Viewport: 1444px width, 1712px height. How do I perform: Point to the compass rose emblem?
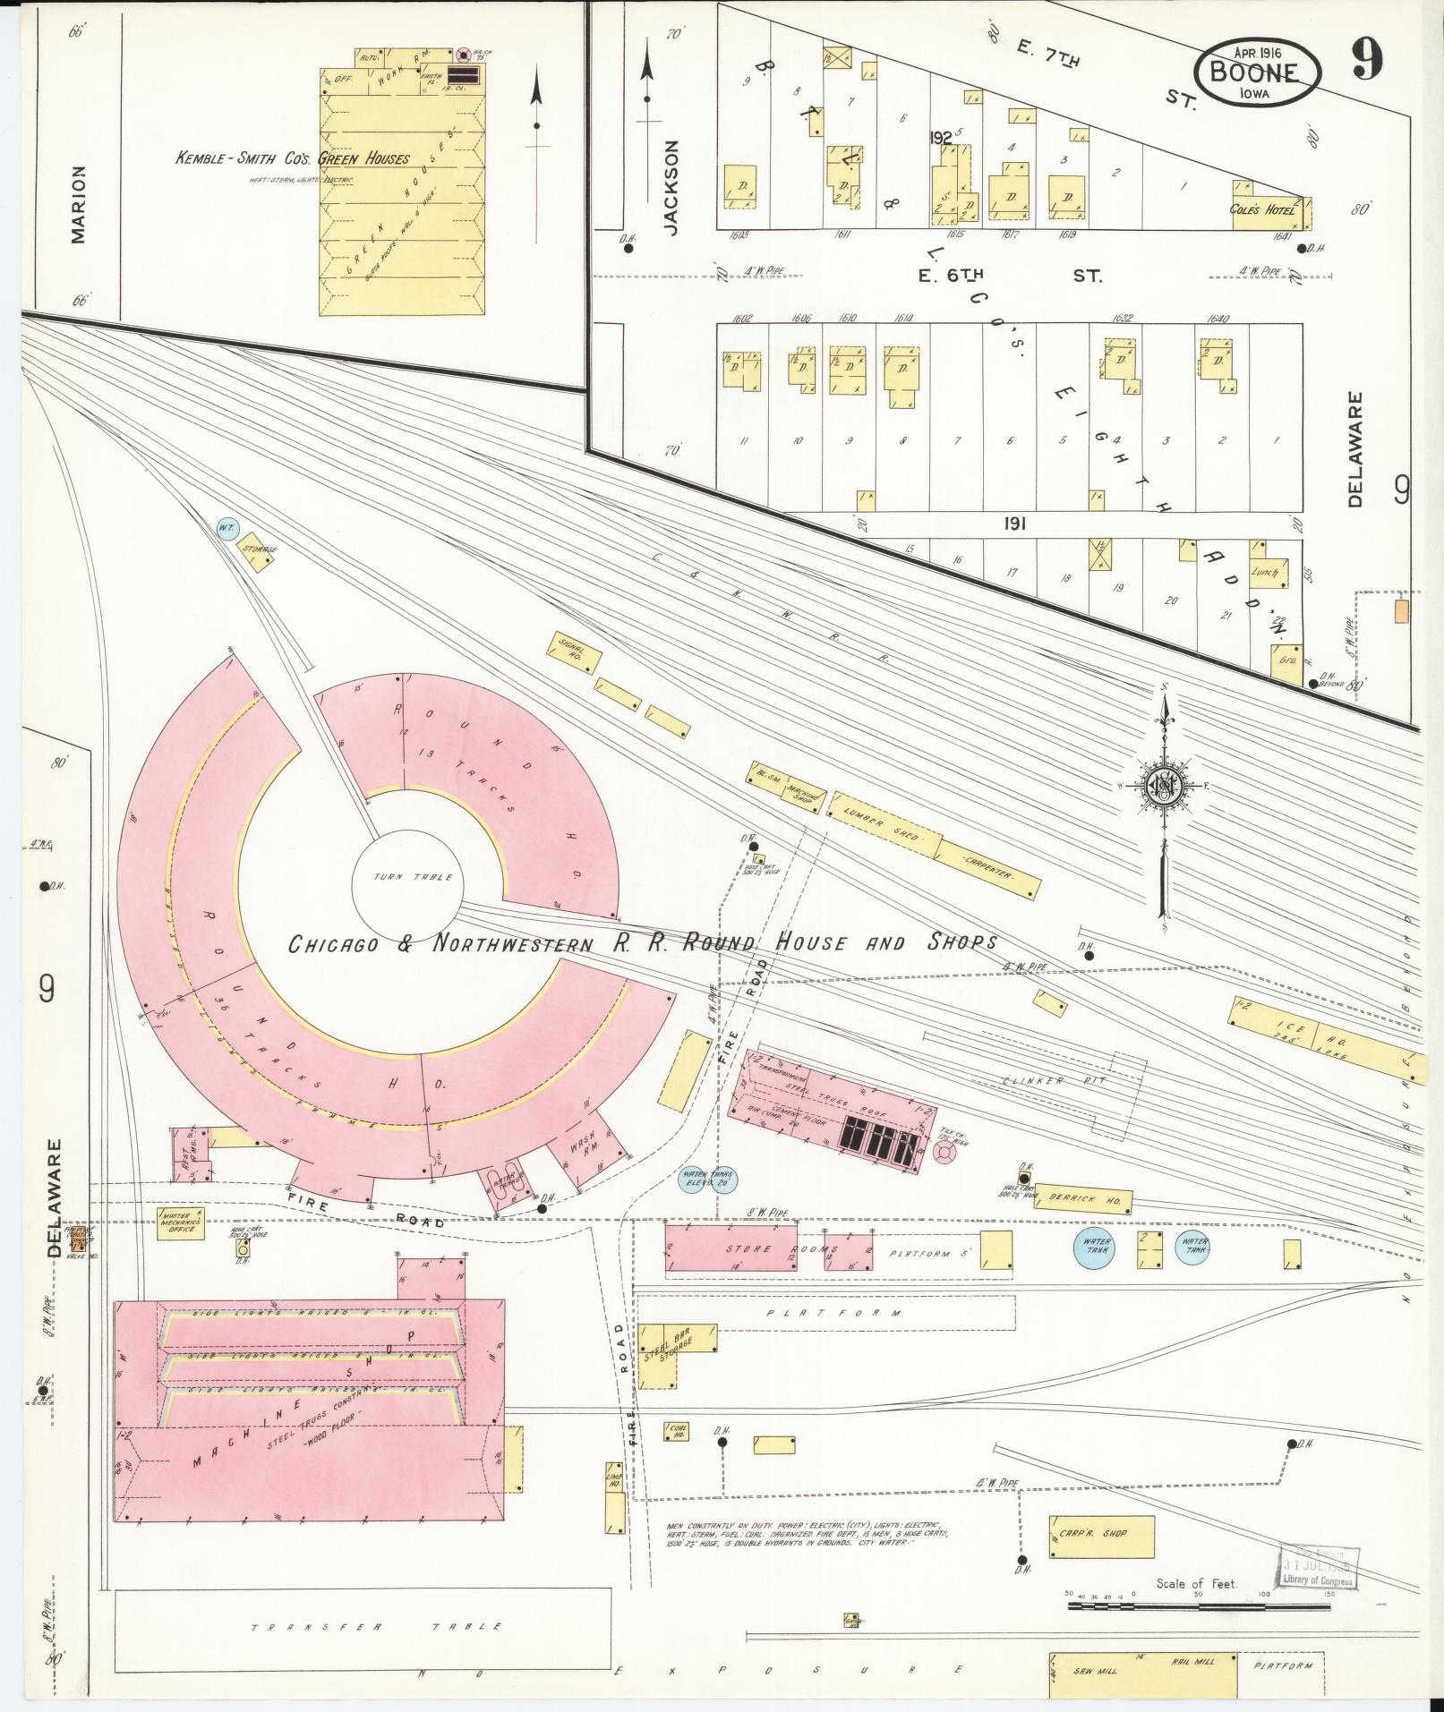click(x=1165, y=786)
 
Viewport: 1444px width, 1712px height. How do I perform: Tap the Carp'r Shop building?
click(x=1101, y=1536)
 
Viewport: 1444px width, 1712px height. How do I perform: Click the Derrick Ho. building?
click(x=1084, y=1200)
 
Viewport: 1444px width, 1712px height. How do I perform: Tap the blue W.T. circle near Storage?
click(x=225, y=528)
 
